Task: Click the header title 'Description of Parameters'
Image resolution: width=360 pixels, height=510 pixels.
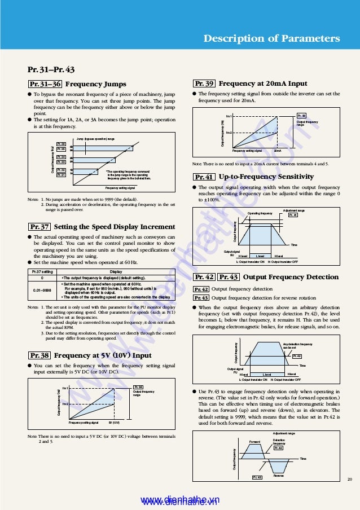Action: click(271, 38)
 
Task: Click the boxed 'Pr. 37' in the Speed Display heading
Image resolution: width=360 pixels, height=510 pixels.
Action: click(39, 227)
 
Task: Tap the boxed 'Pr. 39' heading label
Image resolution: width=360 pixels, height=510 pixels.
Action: click(203, 83)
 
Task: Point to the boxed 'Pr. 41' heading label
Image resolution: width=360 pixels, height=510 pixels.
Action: click(203, 177)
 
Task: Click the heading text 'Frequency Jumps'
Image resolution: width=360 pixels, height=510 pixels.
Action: click(96, 84)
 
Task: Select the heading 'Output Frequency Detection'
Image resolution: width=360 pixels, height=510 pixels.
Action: click(291, 277)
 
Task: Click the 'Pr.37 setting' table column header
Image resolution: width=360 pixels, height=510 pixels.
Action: click(42, 271)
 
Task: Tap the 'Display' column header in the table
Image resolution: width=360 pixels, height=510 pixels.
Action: click(116, 271)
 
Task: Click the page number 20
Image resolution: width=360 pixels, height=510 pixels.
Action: click(349, 479)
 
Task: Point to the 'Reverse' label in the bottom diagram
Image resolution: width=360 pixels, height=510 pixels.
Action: click(278, 476)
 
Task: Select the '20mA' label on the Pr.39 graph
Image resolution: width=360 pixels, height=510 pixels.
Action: click(278, 151)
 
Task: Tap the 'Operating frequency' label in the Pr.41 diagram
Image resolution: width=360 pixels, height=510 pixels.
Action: click(260, 213)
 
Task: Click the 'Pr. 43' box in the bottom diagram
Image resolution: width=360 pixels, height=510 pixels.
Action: click(257, 477)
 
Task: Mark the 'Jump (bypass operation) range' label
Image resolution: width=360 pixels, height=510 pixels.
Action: click(95, 139)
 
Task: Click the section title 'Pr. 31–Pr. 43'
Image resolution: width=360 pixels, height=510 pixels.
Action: click(51, 70)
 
